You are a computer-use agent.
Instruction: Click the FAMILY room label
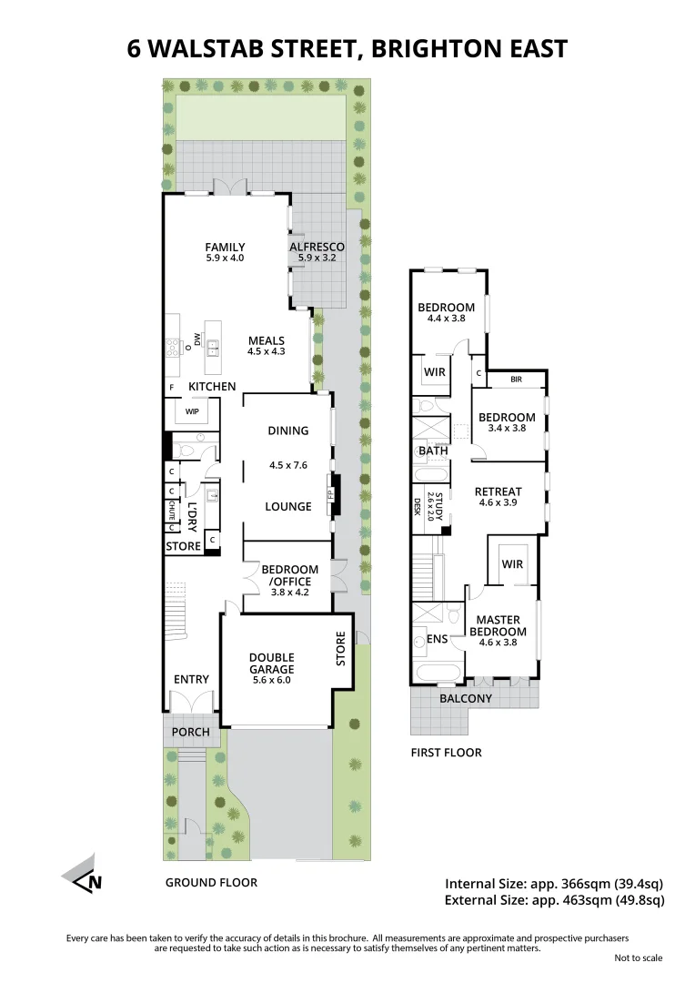click(225, 247)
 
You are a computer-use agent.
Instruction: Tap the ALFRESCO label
click(317, 247)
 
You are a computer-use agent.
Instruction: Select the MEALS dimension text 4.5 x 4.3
click(267, 351)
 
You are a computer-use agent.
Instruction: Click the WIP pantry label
click(192, 411)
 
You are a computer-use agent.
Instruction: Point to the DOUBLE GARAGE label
click(273, 664)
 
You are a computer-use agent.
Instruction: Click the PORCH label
click(191, 732)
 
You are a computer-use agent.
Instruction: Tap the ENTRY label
click(191, 679)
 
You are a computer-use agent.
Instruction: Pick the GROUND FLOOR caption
click(211, 882)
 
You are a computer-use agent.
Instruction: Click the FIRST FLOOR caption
click(446, 753)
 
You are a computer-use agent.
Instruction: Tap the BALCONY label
click(466, 699)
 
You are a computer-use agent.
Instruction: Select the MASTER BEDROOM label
click(498, 626)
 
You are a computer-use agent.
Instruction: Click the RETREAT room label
click(499, 492)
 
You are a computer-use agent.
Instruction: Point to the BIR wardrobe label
click(516, 378)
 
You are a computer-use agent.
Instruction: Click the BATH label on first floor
click(433, 451)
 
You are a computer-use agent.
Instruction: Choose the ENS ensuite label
click(438, 639)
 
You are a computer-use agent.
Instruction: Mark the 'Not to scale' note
click(639, 958)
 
